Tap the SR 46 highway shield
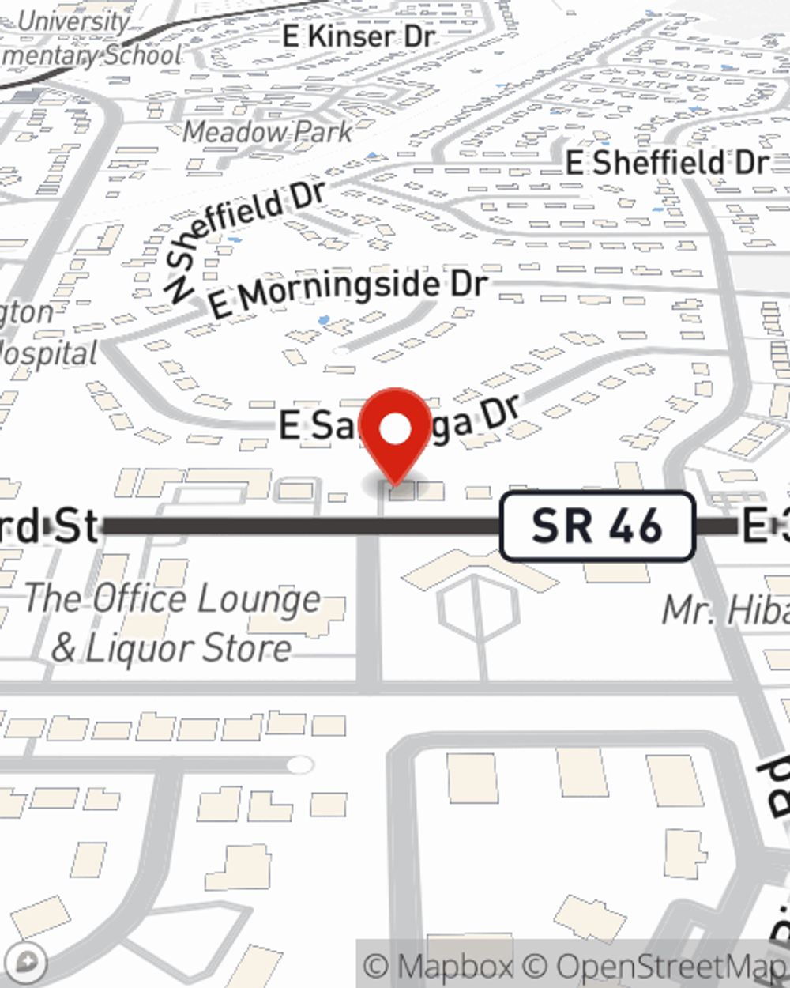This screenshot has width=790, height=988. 597,526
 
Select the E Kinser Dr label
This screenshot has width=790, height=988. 359,36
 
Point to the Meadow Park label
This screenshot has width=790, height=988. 267,132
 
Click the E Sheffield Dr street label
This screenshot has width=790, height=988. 667,163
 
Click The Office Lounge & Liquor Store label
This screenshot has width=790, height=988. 172,624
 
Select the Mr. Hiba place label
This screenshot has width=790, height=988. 725,610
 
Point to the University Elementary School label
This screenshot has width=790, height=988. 91,40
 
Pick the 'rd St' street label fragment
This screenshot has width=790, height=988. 47,526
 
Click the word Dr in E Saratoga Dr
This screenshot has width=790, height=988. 499,412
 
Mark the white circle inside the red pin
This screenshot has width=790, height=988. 395,429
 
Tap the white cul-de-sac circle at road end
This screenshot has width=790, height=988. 299,764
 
